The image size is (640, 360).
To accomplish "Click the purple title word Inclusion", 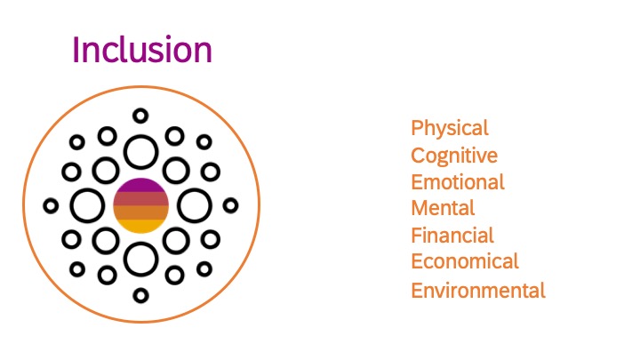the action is coord(142,50).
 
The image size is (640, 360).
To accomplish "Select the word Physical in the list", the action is coord(450,129).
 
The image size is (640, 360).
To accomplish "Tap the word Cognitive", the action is coord(454,156).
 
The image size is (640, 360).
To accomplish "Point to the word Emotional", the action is coord(458,182).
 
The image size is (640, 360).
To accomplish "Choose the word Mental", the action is coord(443,208).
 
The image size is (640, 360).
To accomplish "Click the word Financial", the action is coord(452,236).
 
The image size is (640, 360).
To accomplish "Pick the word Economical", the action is coord(465,261).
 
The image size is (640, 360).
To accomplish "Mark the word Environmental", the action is coord(478,291).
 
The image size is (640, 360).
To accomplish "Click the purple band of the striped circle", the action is coord(140,185).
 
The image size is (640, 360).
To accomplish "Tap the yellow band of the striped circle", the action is coord(140,227).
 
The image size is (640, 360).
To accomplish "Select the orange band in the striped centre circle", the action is coord(140,212).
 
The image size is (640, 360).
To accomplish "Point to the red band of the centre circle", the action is coord(140,199).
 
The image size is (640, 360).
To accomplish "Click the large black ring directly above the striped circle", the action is coord(140,136).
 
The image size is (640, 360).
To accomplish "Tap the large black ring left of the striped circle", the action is coord(70,205).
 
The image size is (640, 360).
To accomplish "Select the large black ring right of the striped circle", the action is coord(211,205).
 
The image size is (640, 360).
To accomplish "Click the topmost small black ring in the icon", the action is coord(140,109).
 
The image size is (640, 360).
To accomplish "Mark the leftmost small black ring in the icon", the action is coord(44,205).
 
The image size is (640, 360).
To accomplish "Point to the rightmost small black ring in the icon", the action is coord(238,205).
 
